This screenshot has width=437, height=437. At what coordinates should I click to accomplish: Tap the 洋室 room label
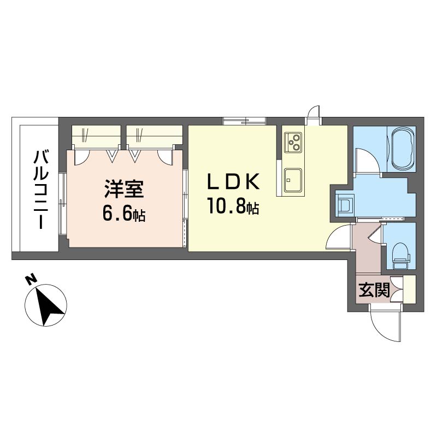124,189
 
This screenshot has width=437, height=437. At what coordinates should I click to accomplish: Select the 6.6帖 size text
124,214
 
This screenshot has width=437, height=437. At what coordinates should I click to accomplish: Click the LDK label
233,182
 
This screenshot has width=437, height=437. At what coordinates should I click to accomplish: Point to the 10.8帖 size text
233,206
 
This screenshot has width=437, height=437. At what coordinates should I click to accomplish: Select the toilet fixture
401,256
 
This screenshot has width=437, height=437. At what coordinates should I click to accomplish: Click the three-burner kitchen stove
293,142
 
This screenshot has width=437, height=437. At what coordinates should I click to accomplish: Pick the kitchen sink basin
293,180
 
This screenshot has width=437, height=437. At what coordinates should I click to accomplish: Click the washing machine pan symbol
344,203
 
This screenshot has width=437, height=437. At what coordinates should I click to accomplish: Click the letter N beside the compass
31,279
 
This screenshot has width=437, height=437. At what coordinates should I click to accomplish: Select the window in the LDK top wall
244,121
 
